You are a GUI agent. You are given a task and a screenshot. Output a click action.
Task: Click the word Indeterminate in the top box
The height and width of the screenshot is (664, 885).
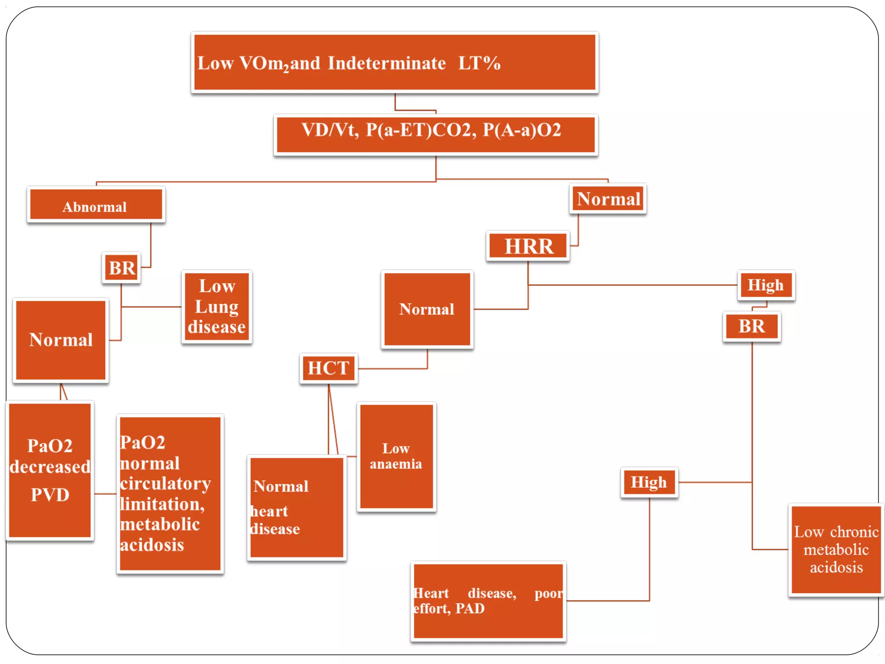click(x=386, y=63)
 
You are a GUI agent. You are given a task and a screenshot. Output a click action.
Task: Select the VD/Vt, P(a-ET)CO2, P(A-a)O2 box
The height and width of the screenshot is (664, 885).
click(x=436, y=134)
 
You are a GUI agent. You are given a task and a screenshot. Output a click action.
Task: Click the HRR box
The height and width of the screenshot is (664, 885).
click(x=528, y=246)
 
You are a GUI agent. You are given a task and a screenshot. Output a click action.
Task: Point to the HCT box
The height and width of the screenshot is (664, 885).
click(x=328, y=368)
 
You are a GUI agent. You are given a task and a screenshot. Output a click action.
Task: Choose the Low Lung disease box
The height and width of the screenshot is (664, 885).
click(x=217, y=306)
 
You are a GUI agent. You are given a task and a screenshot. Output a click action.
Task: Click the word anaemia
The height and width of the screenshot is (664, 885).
click(x=396, y=464)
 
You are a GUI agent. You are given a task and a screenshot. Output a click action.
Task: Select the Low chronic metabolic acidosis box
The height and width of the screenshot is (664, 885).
click(x=836, y=550)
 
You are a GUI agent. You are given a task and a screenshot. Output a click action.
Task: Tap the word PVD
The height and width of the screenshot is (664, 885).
click(x=50, y=495)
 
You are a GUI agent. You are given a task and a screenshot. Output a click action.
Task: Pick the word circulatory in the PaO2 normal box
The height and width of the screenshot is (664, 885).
click(x=166, y=483)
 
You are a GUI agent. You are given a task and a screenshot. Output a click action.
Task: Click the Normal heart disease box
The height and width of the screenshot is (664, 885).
click(x=297, y=508)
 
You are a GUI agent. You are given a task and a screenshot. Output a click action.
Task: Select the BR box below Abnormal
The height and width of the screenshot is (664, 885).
click(x=122, y=268)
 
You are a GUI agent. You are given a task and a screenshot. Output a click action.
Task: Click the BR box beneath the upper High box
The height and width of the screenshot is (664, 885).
click(x=751, y=326)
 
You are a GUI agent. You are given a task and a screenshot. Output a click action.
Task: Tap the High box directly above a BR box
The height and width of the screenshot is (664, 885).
click(x=766, y=285)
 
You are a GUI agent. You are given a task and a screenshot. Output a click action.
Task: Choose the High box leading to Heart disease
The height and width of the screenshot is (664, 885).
click(x=649, y=482)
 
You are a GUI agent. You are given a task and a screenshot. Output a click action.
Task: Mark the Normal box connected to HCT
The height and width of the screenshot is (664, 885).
click(x=427, y=309)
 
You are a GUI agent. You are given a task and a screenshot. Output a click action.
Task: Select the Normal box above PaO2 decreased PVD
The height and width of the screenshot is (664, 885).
click(x=61, y=340)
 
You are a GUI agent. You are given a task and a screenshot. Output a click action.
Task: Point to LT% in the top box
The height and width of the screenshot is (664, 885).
click(x=479, y=63)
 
